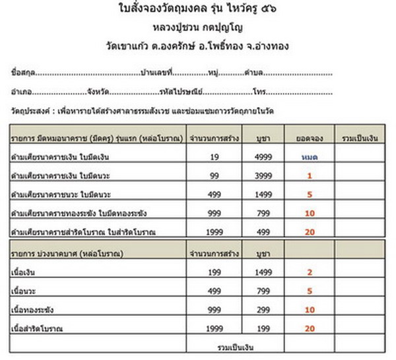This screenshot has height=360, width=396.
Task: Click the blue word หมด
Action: pos(309,157)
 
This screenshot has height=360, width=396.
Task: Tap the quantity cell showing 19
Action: pos(213,157)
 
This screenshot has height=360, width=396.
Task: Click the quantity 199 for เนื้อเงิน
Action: pos(213,271)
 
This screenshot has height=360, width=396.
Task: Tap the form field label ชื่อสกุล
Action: pos(22,72)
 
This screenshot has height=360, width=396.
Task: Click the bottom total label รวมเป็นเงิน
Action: pos(236,346)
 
